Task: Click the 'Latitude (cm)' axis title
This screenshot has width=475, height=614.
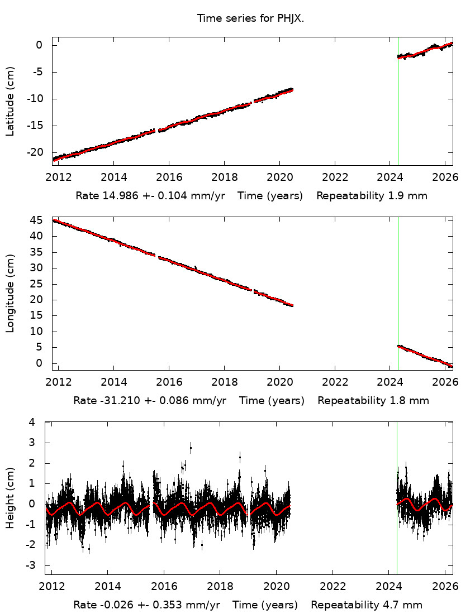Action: click(x=10, y=101)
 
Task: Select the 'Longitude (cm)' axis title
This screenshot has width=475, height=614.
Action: click(x=10, y=294)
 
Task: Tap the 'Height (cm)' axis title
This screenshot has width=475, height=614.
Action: click(x=10, y=498)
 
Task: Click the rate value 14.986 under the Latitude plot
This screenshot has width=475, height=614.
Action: click(x=115, y=196)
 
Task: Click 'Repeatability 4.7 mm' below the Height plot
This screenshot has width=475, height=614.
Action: click(x=367, y=605)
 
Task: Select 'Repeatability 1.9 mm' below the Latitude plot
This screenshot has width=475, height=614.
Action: click(x=372, y=196)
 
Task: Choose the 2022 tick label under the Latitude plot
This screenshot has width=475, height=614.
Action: click(x=335, y=178)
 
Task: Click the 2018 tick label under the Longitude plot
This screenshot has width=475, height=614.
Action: click(x=224, y=382)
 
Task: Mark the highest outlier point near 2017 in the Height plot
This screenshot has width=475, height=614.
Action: click(x=191, y=447)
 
